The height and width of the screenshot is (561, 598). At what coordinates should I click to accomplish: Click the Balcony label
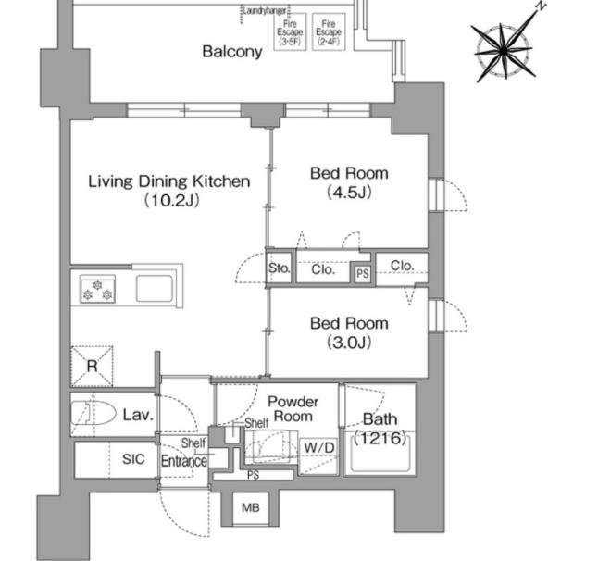point(232,52)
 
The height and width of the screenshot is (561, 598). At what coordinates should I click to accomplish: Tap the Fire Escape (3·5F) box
point(291,31)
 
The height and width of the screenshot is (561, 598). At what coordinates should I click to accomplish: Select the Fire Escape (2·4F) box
point(329,31)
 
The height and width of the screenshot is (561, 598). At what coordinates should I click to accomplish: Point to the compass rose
point(504,50)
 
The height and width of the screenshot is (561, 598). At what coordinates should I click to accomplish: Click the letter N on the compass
point(541,6)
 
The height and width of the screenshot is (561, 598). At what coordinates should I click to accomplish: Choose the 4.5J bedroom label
point(349,182)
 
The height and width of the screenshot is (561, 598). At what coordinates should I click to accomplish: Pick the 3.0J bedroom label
point(349,333)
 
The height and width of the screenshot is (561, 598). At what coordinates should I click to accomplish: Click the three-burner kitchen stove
point(97,289)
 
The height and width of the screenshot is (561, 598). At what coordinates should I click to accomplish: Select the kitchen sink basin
point(155,289)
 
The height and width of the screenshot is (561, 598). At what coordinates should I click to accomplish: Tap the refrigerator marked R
point(92,366)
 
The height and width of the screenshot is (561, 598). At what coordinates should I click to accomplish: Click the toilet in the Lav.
point(93,413)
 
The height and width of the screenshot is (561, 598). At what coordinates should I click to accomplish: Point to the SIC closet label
point(133,459)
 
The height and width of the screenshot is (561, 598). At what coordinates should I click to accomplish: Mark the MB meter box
point(251,507)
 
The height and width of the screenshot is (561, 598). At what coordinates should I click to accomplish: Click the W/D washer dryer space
point(318,455)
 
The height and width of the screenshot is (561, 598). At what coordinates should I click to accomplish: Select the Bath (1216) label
point(380,429)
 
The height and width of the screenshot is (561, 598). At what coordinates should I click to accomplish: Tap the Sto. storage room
point(280,268)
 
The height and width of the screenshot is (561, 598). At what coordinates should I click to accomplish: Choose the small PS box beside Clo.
point(362,273)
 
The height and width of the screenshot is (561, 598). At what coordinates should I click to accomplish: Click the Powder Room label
point(293,409)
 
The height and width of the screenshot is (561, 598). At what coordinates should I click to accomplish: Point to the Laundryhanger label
point(265,11)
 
